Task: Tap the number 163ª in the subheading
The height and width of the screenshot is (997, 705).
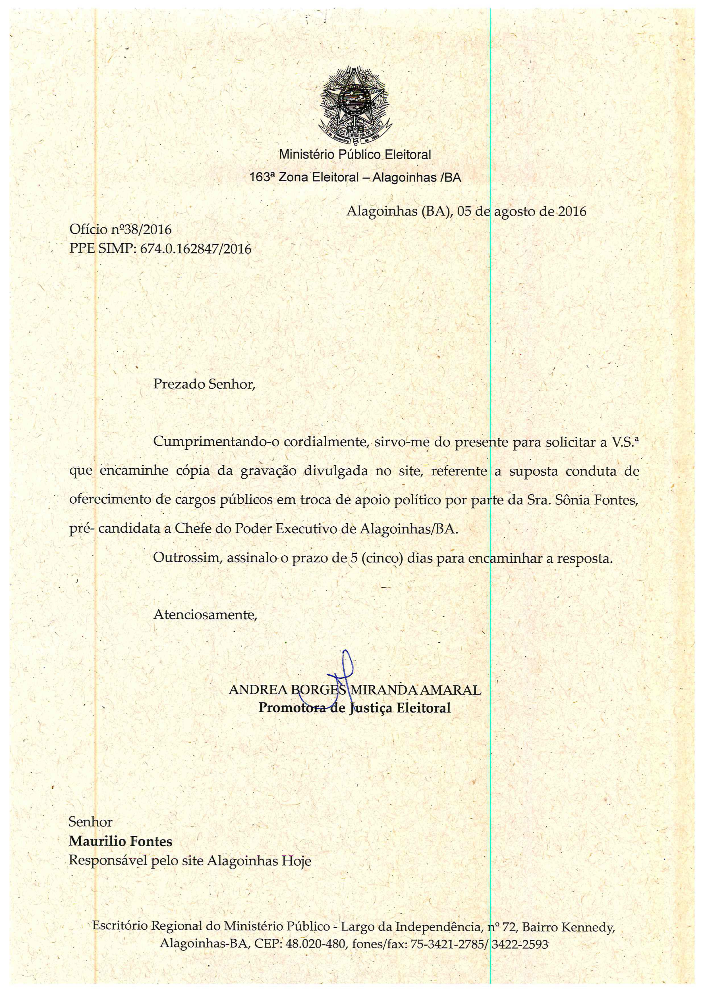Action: tap(262, 178)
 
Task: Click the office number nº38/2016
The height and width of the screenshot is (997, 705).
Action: tap(147, 229)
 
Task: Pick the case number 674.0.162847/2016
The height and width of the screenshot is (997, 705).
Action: tap(196, 249)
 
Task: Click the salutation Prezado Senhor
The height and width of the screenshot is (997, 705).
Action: tap(204, 384)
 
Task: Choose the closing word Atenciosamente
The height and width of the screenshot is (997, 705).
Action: tap(205, 615)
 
